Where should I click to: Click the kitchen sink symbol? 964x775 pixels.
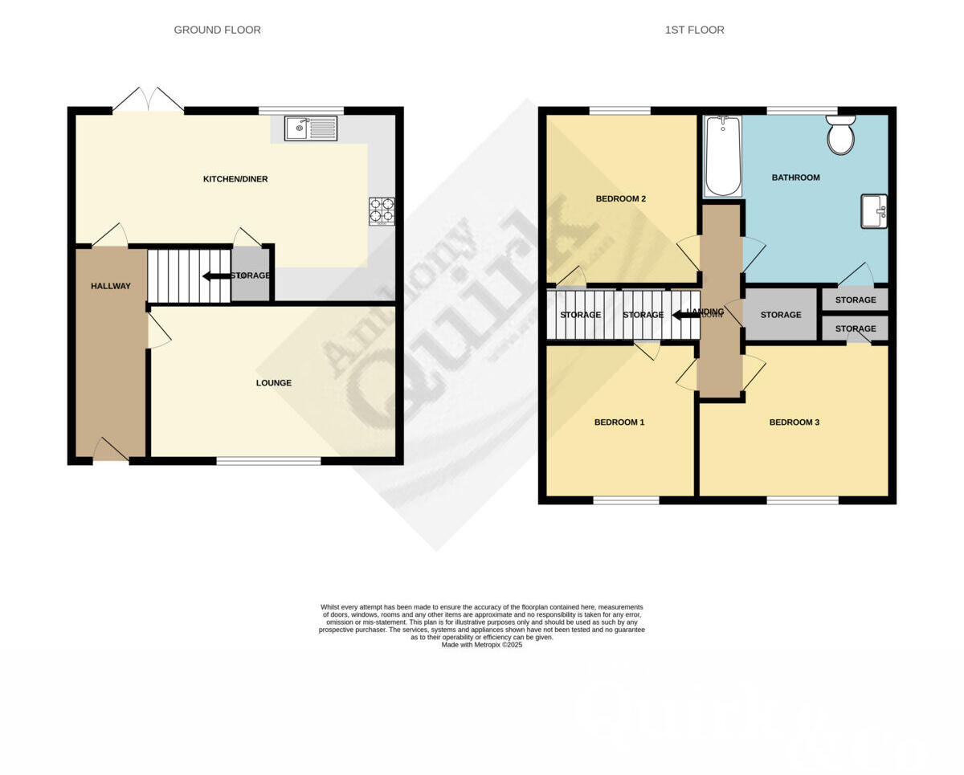[311, 128]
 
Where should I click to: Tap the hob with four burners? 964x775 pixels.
[382, 210]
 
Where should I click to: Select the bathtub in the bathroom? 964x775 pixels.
[723, 156]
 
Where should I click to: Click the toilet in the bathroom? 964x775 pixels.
[840, 135]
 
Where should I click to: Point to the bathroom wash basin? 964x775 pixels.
[874, 211]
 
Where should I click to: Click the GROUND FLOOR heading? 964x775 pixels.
[217, 30]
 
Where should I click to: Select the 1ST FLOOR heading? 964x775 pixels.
[694, 30]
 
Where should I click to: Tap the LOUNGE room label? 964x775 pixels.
[273, 383]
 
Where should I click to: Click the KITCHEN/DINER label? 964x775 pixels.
[235, 179]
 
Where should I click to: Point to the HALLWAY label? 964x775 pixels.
[110, 286]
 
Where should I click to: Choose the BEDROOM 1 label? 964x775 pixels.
[619, 422]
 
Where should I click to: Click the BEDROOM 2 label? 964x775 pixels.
[621, 199]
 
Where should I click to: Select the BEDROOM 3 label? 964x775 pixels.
[794, 422]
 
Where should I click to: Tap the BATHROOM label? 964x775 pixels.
[795, 177]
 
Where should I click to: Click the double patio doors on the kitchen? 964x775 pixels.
[148, 101]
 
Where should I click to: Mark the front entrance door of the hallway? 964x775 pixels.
[111, 451]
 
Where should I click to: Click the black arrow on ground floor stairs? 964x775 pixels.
[215, 276]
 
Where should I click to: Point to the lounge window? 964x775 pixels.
[268, 461]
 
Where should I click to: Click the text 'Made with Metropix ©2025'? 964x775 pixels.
[481, 645]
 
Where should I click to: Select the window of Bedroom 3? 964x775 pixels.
[802, 500]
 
